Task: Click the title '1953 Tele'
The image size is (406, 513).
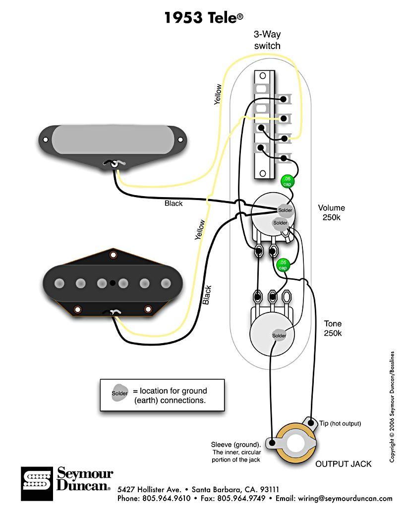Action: coord(203,18)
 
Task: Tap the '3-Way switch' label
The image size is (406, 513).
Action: coord(267,41)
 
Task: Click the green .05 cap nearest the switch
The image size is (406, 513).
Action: coord(287,181)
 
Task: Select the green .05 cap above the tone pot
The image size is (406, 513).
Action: coord(283,265)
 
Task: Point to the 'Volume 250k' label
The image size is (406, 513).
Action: coord(331,213)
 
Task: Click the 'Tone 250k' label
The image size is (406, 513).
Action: coord(333,328)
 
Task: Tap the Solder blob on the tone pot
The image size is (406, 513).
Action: coord(279,335)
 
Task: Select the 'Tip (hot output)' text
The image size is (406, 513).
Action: coord(340,423)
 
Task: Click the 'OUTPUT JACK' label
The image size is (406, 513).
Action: coord(344,464)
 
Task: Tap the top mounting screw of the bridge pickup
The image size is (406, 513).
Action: coord(113,255)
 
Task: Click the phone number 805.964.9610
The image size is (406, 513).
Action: coord(167,499)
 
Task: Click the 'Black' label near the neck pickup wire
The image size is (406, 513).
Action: coord(174,204)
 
